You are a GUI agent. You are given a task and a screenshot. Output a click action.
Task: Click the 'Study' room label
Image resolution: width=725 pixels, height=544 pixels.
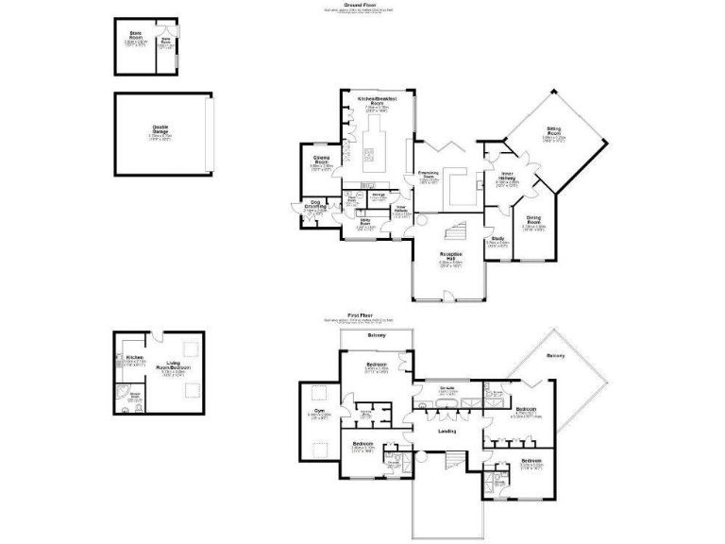(497, 239)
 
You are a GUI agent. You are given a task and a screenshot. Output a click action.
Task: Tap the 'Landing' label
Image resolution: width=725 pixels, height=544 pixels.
(447, 431)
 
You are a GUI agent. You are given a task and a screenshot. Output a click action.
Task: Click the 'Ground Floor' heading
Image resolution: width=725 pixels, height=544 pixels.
(362, 5)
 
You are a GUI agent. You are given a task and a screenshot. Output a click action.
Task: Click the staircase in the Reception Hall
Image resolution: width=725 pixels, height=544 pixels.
(455, 229)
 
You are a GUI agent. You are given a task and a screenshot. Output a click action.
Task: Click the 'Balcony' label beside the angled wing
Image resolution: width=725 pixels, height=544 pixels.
(556, 355)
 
